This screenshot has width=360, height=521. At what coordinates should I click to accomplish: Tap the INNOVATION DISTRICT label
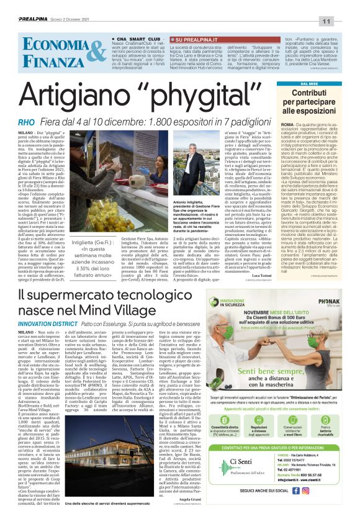42,324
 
